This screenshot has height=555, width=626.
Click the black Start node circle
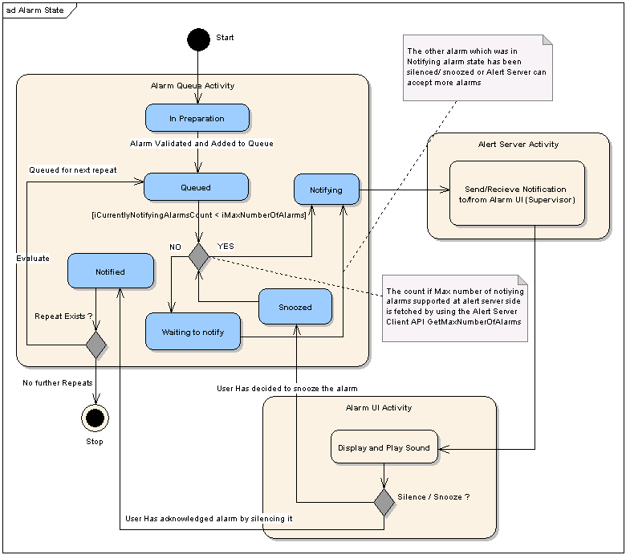point(197,39)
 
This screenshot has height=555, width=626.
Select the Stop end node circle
point(95,416)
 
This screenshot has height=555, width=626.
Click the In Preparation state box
point(197,118)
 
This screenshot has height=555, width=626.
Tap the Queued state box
point(196,187)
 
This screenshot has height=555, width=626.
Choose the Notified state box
point(110,271)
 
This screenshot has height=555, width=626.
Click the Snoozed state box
point(295,307)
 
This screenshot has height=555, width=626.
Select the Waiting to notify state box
point(193,332)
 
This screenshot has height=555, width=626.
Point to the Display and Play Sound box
point(384,447)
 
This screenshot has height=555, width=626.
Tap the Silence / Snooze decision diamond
point(384,503)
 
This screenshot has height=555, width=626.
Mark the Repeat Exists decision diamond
point(96,345)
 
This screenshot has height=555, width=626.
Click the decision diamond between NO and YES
point(198,256)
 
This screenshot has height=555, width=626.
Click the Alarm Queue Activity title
point(193,85)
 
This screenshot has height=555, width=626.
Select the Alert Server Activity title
point(518,145)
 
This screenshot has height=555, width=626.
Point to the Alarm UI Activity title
point(378,408)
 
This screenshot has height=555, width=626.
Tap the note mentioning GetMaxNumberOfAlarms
point(454,307)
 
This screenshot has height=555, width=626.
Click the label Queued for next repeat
point(73,170)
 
